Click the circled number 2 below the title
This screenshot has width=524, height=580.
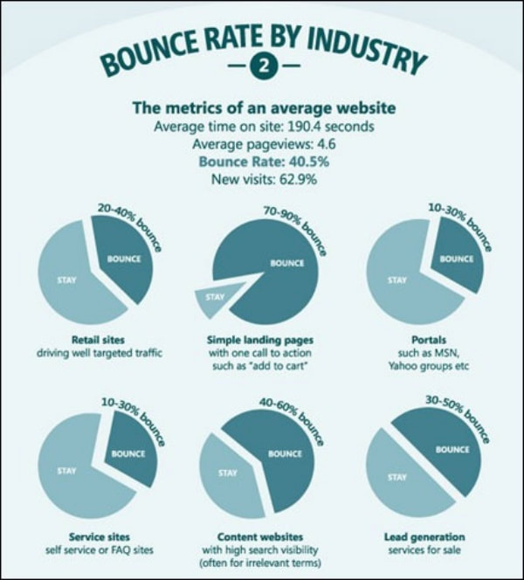click(x=261, y=66)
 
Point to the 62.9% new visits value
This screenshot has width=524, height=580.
click(x=295, y=180)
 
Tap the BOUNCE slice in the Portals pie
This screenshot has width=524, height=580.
click(x=455, y=259)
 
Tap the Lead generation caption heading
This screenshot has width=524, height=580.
click(x=424, y=536)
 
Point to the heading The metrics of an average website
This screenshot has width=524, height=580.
click(x=263, y=108)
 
